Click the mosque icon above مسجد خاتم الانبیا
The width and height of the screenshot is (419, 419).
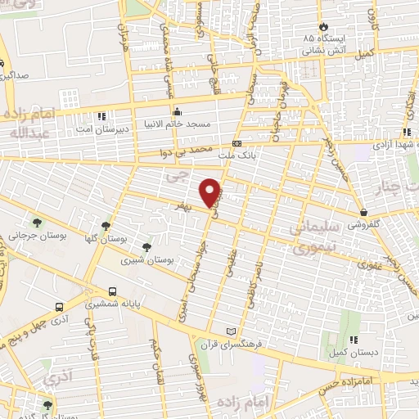[176, 112]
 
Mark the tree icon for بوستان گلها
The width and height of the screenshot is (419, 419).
[106, 226]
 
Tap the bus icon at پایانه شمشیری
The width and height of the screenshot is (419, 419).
[112, 291]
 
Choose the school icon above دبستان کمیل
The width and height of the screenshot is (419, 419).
[354, 339]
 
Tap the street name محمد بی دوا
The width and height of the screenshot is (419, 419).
[192, 152]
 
